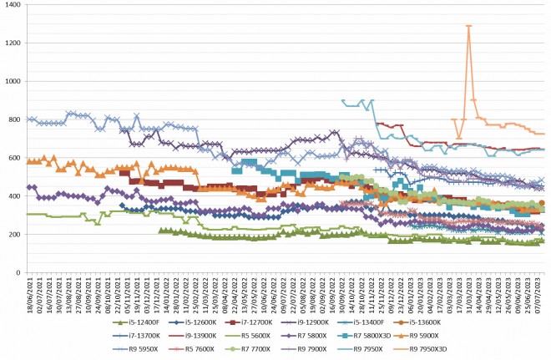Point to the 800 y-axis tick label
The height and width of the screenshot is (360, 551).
[14, 119]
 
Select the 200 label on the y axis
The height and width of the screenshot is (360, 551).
[14, 235]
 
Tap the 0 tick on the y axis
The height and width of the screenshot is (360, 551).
[19, 272]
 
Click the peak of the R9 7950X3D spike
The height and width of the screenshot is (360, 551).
[469, 26]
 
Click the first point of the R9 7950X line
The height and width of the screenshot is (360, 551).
[343, 100]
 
